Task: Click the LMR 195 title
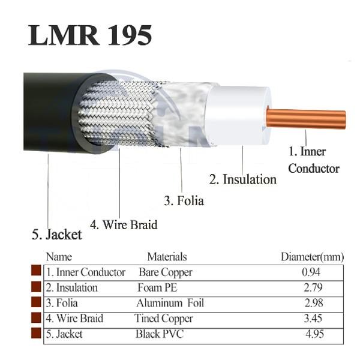click(90, 35)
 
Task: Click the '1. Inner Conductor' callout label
click(314, 160)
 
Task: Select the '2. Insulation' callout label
click(243, 179)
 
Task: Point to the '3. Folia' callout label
click(184, 200)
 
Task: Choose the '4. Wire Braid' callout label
click(124, 224)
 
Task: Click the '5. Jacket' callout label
click(57, 235)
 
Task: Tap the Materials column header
click(167, 257)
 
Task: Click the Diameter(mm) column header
click(313, 257)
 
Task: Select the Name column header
click(59, 257)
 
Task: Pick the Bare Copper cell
click(166, 272)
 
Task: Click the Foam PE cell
click(157, 287)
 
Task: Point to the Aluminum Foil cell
click(170, 303)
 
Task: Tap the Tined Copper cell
click(163, 319)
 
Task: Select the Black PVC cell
click(160, 334)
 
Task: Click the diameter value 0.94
click(311, 272)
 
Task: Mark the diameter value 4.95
click(314, 334)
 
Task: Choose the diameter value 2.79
click(313, 287)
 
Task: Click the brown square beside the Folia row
click(36, 302)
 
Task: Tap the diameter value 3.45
click(313, 319)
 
